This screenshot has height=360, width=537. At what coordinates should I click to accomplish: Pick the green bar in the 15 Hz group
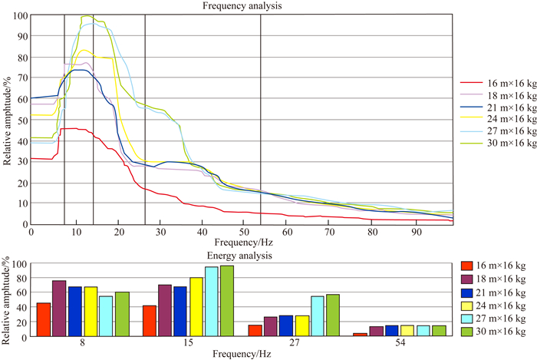[226, 301]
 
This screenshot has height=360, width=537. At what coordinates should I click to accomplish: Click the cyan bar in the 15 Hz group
[211, 302]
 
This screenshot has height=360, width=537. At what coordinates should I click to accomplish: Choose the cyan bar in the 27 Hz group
[317, 316]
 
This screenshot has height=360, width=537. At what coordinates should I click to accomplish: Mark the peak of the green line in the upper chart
[86, 15]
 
